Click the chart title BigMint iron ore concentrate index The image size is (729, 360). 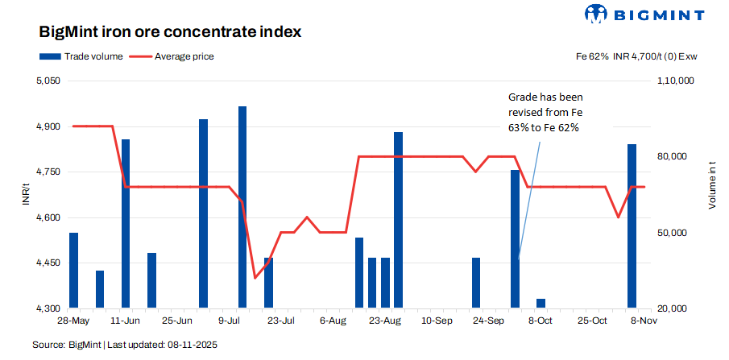click(x=170, y=33)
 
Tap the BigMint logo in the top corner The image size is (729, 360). click(x=644, y=14)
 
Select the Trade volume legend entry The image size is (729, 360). click(x=81, y=56)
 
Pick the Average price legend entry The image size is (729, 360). click(x=172, y=56)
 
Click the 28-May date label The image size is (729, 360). click(x=72, y=321)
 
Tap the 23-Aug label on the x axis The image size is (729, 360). click(x=385, y=321)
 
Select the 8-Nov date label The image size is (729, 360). click(x=644, y=321)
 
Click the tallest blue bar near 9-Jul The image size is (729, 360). click(x=242, y=207)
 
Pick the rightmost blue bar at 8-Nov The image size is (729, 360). click(x=632, y=226)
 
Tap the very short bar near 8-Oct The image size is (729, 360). click(x=541, y=304)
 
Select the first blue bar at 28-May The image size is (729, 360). click(x=74, y=271)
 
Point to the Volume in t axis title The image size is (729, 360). click(x=711, y=185)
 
